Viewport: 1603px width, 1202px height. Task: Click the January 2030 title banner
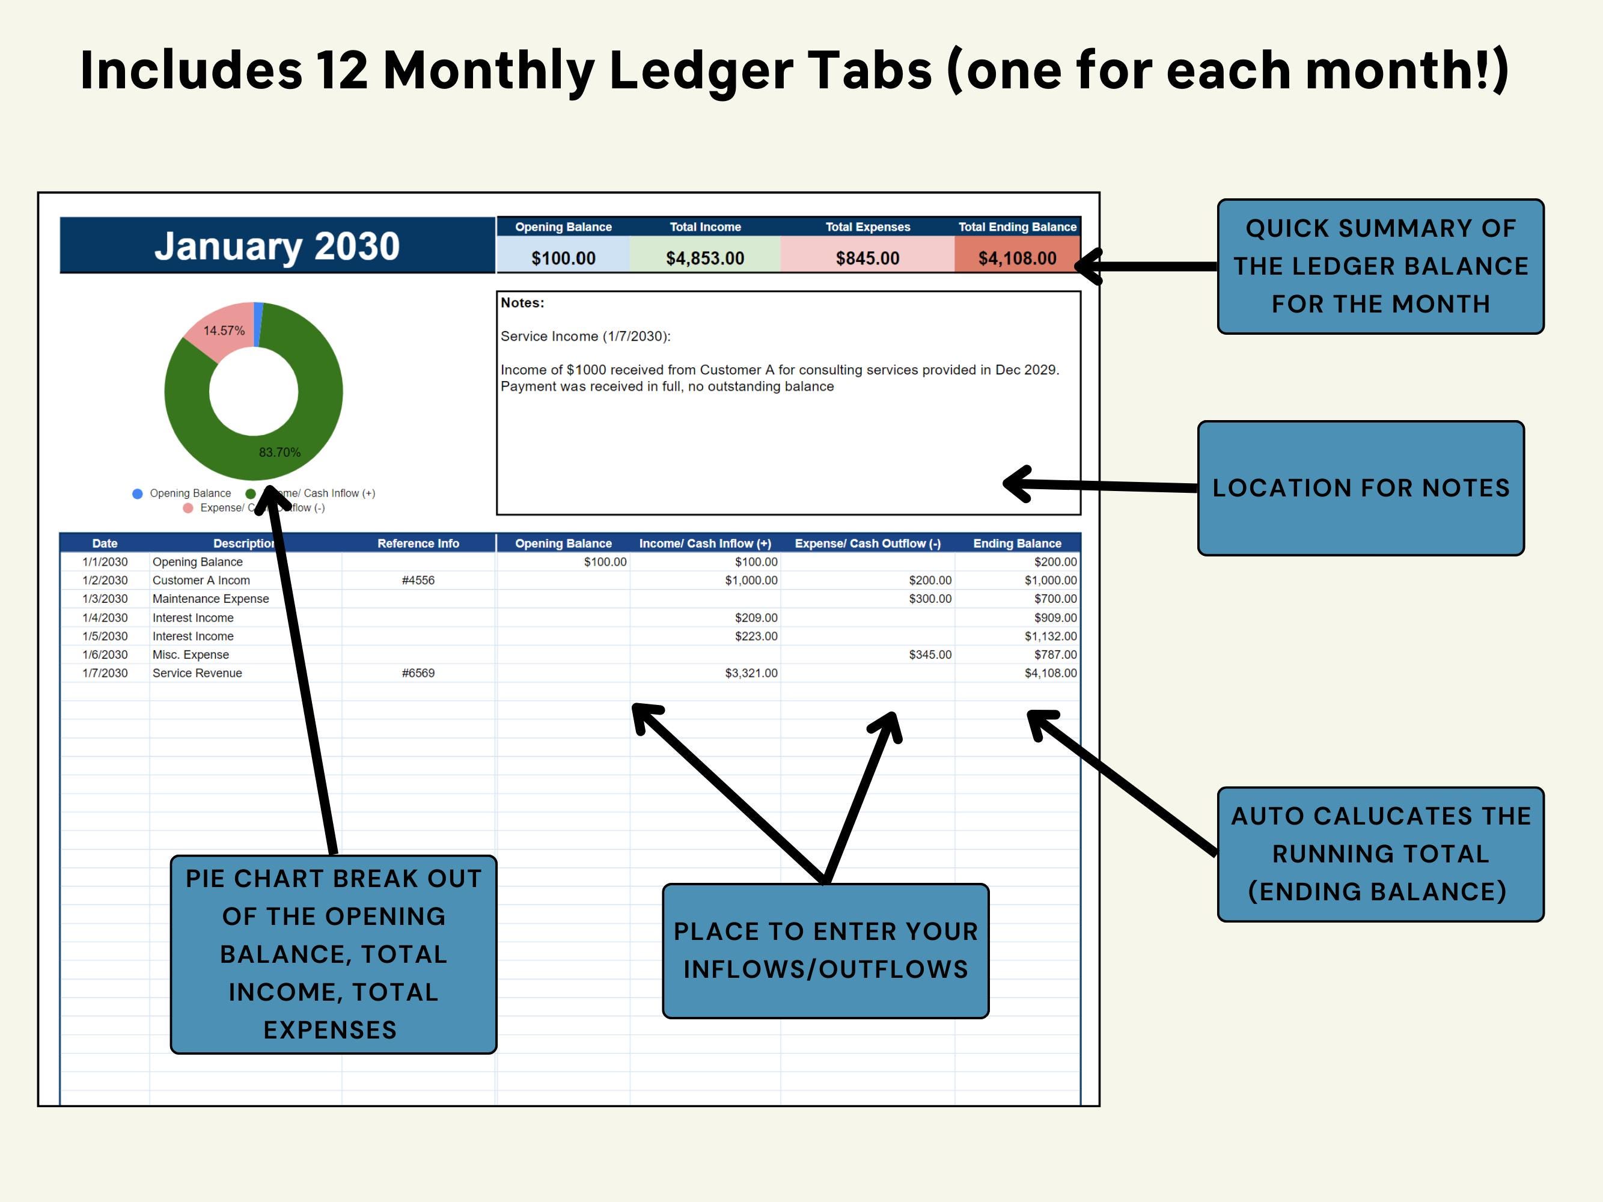pyautogui.click(x=277, y=246)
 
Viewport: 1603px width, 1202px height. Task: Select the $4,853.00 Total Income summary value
pyautogui.click(x=704, y=258)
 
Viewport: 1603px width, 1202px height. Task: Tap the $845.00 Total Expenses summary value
pyautogui.click(x=867, y=258)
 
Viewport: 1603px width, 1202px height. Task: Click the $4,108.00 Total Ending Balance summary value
pyautogui.click(x=1017, y=258)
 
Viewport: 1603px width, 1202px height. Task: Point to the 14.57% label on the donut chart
pyautogui.click(x=224, y=331)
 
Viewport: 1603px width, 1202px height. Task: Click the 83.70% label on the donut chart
pyautogui.click(x=279, y=453)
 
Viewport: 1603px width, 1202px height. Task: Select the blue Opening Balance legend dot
pyautogui.click(x=138, y=493)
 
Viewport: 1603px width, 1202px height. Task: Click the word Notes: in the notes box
pyautogui.click(x=522, y=303)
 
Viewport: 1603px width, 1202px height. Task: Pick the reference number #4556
pyautogui.click(x=418, y=581)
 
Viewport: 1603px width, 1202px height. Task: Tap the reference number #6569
pyautogui.click(x=418, y=673)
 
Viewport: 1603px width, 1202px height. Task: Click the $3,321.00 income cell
pyautogui.click(x=751, y=673)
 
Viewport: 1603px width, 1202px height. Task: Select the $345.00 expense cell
pyautogui.click(x=930, y=655)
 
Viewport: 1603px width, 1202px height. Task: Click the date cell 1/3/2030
pyautogui.click(x=105, y=599)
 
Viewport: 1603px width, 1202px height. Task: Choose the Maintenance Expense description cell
pyautogui.click(x=210, y=599)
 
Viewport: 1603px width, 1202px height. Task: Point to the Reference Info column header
pyautogui.click(x=418, y=543)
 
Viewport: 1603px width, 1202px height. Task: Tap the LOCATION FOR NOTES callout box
pyautogui.click(x=1360, y=487)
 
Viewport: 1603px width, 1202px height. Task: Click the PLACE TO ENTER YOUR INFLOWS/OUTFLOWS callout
pyautogui.click(x=825, y=950)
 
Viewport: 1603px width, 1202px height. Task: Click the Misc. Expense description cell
pyautogui.click(x=191, y=655)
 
